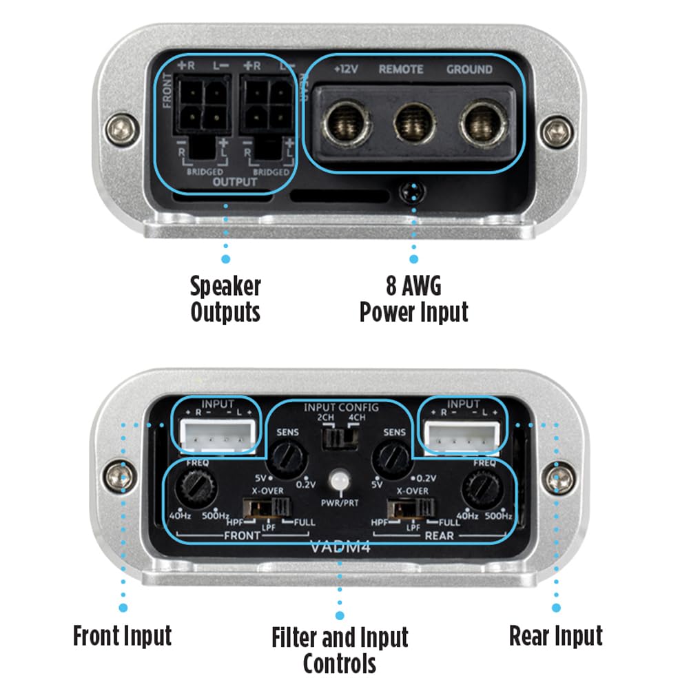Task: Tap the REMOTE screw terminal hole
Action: (413, 125)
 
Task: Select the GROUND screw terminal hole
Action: (480, 125)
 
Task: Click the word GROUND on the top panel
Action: (469, 70)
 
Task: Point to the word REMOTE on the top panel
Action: (400, 70)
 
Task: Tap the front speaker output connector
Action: (201, 107)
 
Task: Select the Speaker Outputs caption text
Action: (225, 299)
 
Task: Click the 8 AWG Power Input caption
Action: (413, 299)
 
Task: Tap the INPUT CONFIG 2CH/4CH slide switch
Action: (338, 437)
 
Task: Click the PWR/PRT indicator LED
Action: (338, 480)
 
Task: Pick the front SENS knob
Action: (285, 455)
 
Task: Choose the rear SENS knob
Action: (391, 455)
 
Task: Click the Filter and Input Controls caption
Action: (339, 649)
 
